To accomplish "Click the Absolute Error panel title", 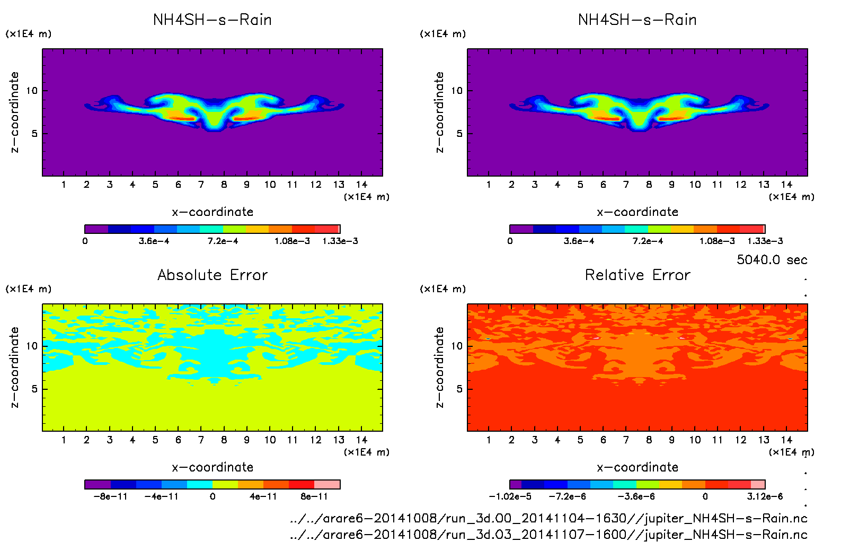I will pos(212,275).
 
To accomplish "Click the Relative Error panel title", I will pos(637,275).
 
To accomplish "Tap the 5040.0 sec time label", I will pos(772,260).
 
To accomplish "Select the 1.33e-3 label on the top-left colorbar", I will pos(340,241).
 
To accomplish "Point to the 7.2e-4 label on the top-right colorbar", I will pos(648,241).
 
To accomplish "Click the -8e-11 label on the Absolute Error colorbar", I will pos(111,497).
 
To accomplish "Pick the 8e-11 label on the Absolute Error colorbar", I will pos(314,497).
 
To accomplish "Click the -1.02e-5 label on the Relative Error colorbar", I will pos(510,497).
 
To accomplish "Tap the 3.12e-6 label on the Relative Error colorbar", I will pos(765,497).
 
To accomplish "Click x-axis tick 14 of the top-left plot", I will pos(361,185).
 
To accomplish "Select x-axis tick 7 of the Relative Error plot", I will pos(626,440).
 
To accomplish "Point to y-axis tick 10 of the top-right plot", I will pos(457,91).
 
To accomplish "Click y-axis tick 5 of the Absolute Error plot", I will pos(34,389).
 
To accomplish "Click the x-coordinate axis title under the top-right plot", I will pos(637,212).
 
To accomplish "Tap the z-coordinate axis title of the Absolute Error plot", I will pos(15,367).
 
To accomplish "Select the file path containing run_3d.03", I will pos(548,535).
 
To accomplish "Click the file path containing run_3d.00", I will pos(548,518).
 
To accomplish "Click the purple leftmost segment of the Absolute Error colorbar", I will pos(98,484).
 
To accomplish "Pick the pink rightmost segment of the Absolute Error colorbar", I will pos(327,484).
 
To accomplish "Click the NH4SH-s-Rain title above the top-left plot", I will pos(212,20).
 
